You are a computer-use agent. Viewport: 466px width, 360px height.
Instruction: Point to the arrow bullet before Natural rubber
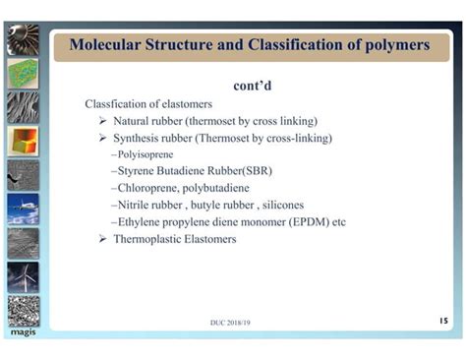(103, 121)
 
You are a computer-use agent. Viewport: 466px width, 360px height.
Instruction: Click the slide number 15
(441, 320)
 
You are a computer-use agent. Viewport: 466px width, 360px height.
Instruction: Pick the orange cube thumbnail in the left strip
(23, 141)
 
